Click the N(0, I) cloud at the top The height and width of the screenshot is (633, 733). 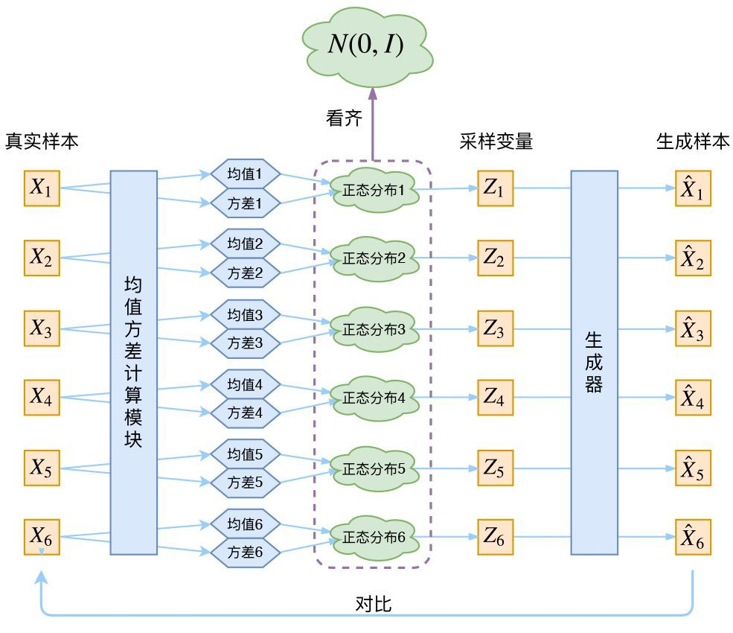[366, 45]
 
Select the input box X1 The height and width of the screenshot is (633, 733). [41, 188]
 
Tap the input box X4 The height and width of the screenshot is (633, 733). [41, 398]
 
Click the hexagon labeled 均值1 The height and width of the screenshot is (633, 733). [245, 175]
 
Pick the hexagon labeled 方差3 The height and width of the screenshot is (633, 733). [245, 343]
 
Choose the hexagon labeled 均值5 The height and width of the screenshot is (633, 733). [245, 454]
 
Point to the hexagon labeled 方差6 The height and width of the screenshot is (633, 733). [245, 553]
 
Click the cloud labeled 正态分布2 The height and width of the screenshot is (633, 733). [374, 258]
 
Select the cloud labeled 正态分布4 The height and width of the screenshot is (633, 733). [374, 398]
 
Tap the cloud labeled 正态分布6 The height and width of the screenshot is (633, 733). [374, 537]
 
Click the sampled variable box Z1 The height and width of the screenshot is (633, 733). [495, 188]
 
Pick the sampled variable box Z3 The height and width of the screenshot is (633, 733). [495, 328]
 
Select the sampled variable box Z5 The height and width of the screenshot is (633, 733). [495, 468]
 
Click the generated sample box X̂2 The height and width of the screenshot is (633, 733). [693, 258]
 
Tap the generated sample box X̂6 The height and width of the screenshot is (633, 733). [693, 538]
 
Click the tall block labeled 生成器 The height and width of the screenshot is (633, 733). [594, 363]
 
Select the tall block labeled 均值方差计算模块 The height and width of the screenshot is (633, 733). [133, 363]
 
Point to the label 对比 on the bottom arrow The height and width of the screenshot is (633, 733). [374, 604]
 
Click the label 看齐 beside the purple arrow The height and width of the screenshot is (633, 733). [344, 118]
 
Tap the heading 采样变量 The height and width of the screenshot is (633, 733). [496, 141]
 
